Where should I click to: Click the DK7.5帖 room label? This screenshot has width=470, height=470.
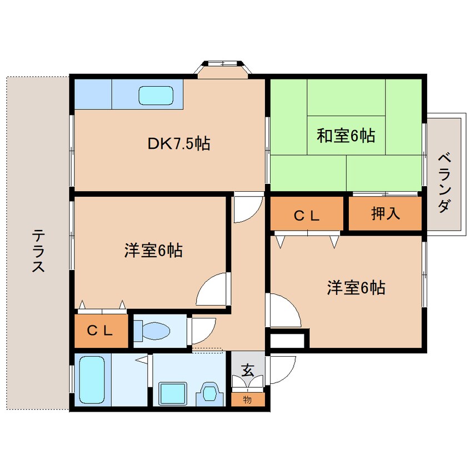click(178, 144)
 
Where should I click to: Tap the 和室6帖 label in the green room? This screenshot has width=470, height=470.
click(346, 135)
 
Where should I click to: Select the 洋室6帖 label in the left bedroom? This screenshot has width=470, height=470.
click(153, 251)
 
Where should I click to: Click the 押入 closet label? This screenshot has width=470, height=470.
click(386, 214)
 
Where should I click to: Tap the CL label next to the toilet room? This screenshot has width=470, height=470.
click(100, 331)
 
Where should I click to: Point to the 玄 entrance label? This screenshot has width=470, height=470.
click(248, 368)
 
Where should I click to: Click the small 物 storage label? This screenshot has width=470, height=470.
click(248, 399)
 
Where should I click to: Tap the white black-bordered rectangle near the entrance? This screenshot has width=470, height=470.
click(288, 339)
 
